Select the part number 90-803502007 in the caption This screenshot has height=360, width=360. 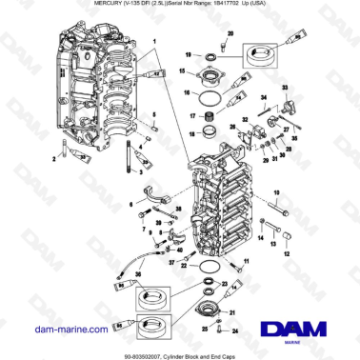coord(133,353)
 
